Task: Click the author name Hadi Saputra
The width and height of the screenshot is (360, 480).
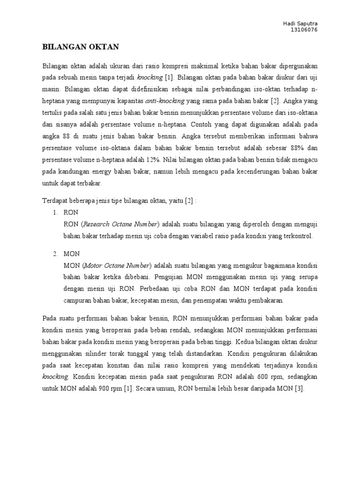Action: pos(304,24)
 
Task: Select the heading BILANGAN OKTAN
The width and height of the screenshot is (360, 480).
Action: pos(81,47)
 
